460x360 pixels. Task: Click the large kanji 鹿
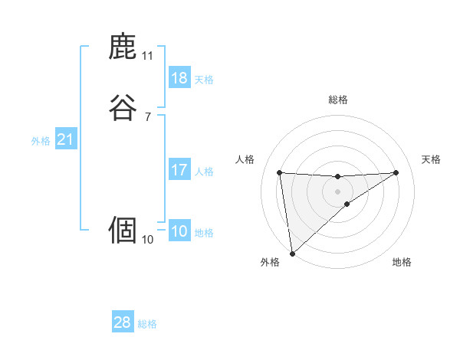pyautogui.click(x=123, y=47)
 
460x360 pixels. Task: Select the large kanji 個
pyautogui.click(x=123, y=230)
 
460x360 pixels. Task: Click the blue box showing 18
pyautogui.click(x=179, y=78)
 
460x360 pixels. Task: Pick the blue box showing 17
pyautogui.click(x=179, y=170)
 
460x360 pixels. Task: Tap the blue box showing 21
pyautogui.click(x=65, y=139)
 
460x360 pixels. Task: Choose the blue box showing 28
pyautogui.click(x=123, y=322)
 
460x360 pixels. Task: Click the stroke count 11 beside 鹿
pyautogui.click(x=147, y=56)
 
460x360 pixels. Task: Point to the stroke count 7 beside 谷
pyautogui.click(x=147, y=117)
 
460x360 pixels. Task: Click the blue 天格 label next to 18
pyautogui.click(x=204, y=80)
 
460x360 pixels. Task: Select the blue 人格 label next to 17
pyautogui.click(x=204, y=172)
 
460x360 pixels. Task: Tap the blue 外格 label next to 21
pyautogui.click(x=41, y=141)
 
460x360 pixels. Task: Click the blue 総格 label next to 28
pyautogui.click(x=147, y=324)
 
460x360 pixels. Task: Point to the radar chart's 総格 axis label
pyautogui.click(x=338, y=100)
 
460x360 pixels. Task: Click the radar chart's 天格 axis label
pyautogui.click(x=432, y=159)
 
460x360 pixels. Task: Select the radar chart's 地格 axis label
pyautogui.click(x=402, y=262)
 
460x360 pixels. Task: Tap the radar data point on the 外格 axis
pyautogui.click(x=292, y=254)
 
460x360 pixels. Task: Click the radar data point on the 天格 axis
pyautogui.click(x=396, y=172)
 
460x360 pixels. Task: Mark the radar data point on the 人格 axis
pyautogui.click(x=280, y=172)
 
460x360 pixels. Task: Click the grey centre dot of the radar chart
pyautogui.click(x=338, y=191)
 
